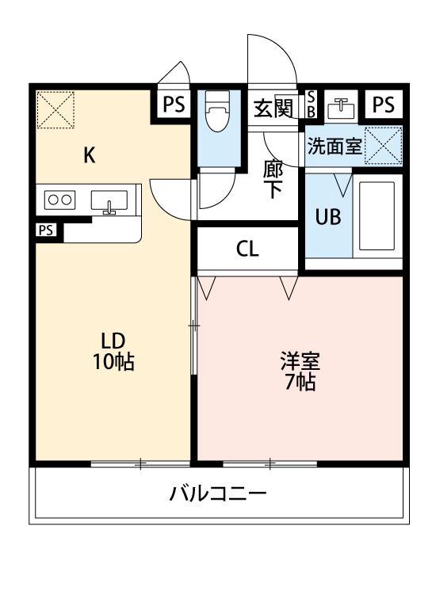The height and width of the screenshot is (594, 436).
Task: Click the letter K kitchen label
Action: coord(90,155)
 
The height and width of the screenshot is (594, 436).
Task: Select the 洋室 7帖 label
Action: coord(300,371)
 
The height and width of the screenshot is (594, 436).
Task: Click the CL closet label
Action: coord(247,249)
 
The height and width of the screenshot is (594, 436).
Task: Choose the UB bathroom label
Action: coord(329,216)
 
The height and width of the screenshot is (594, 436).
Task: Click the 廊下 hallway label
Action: coord(273,178)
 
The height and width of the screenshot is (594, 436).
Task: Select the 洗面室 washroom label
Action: coord(335,147)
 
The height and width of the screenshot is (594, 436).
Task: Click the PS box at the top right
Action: coord(384,105)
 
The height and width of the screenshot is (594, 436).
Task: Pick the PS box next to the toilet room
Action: coord(175,105)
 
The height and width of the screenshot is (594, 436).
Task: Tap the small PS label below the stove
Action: coord(45,230)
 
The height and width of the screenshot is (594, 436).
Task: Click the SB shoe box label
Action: coord(311,104)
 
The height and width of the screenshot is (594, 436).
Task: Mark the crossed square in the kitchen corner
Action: coord(55,109)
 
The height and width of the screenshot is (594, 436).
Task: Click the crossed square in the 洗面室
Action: coord(384,145)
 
